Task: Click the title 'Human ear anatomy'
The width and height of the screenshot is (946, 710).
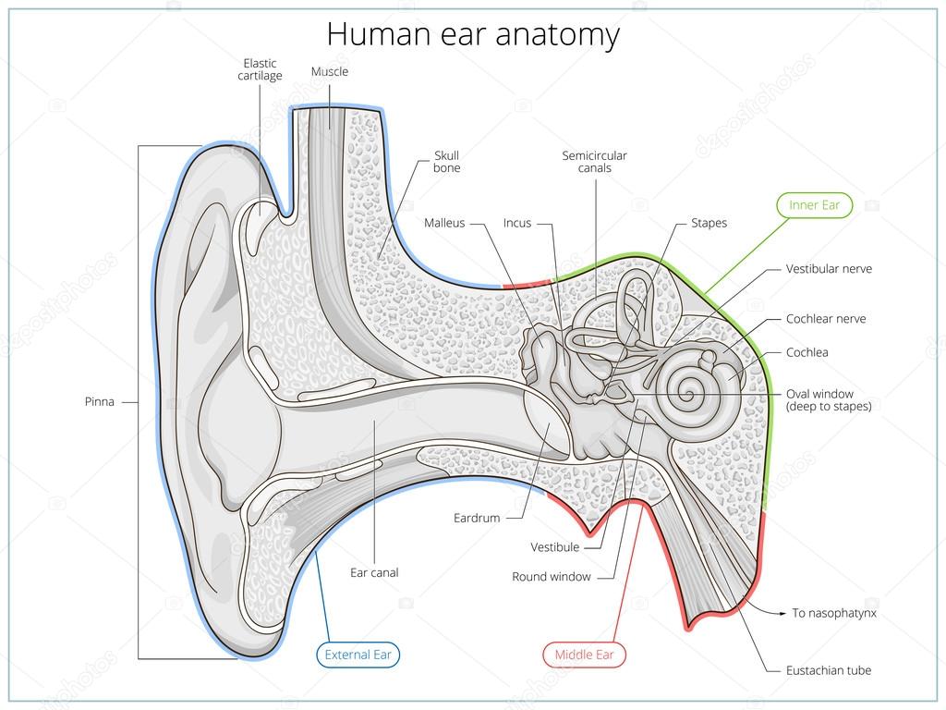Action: [x=473, y=35]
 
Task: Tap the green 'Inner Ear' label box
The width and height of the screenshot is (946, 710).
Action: [x=814, y=205]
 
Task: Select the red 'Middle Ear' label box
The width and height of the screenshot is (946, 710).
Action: [x=584, y=655]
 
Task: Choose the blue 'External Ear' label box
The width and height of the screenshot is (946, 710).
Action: [x=358, y=655]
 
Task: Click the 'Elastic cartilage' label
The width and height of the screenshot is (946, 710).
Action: [x=260, y=69]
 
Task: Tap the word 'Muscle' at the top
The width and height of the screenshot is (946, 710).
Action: [x=330, y=71]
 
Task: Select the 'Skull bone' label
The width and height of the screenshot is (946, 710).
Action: [x=447, y=162]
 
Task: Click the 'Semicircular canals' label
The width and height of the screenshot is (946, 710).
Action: [x=594, y=162]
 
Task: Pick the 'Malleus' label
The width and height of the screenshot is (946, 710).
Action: [x=444, y=223]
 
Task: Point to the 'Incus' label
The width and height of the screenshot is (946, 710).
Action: [x=517, y=223]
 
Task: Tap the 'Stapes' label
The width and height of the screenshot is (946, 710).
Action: [x=709, y=223]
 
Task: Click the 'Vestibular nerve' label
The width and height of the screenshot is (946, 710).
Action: [x=829, y=269]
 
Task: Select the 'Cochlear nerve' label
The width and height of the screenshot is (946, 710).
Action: [x=826, y=319]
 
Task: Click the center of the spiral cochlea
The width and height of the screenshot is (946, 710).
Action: [x=688, y=389]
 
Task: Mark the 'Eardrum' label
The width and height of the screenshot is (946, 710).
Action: [x=476, y=519]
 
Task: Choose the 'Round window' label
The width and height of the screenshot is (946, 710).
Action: [x=551, y=577]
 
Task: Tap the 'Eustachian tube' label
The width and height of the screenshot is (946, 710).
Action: [x=829, y=670]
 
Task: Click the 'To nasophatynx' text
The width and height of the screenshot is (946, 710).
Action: [x=834, y=613]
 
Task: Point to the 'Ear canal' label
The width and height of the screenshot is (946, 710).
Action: [x=374, y=573]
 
